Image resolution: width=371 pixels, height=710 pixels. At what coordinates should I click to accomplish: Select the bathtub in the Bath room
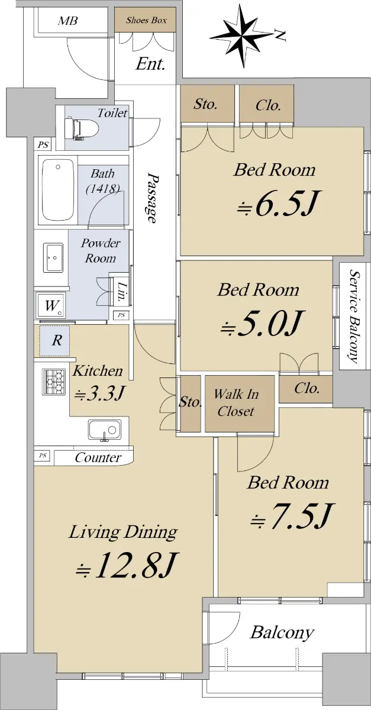[x=58, y=189]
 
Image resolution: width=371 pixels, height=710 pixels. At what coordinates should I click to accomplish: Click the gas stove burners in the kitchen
[x=54, y=382]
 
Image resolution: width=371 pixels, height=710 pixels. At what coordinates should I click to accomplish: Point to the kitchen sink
[x=105, y=430]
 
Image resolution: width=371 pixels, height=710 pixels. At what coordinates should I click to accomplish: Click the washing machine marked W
[x=51, y=306]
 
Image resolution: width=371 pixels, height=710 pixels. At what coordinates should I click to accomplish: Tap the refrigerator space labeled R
[x=55, y=341]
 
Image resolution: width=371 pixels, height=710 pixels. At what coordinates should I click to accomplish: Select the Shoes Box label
[x=146, y=20]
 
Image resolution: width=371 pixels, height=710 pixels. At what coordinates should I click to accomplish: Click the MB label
[x=67, y=21]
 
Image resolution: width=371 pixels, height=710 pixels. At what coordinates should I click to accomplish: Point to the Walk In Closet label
[x=237, y=403]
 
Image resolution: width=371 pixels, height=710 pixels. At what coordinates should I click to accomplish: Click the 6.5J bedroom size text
[x=278, y=203]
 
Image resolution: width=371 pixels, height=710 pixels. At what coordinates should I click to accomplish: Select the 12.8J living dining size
[x=127, y=565]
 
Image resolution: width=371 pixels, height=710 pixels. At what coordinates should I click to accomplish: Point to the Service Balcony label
[x=353, y=316]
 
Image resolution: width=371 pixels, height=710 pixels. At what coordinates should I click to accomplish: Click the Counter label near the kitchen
[x=98, y=458]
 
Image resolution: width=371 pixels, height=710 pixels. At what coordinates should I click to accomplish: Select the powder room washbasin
[x=53, y=257]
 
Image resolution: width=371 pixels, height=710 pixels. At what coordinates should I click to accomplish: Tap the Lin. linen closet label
[x=121, y=292]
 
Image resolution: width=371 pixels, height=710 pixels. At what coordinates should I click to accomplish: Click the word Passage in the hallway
[x=152, y=198]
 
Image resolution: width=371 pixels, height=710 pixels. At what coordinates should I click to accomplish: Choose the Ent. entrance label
[x=150, y=64]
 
